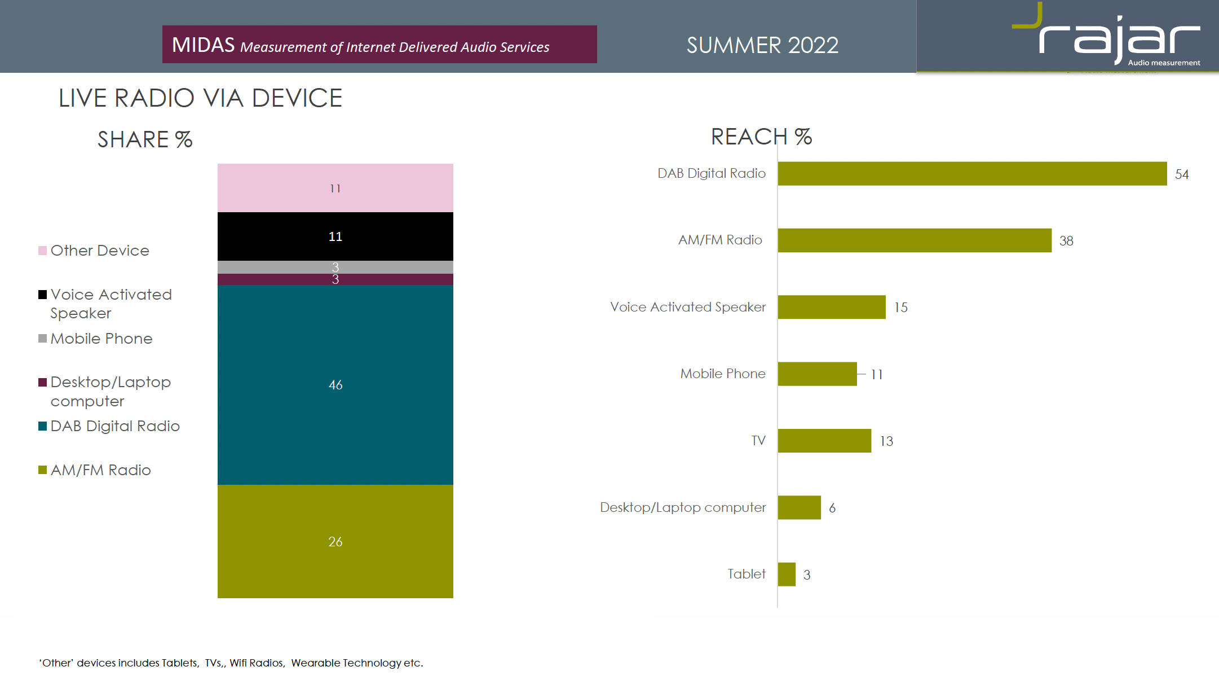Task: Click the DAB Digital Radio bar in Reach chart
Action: [971, 174]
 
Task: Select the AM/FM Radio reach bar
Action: [914, 240]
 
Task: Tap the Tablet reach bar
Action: [787, 575]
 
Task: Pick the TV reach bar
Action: [824, 441]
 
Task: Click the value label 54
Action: [1182, 175]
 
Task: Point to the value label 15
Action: [901, 308]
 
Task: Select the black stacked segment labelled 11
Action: [335, 236]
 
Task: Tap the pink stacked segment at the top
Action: [335, 188]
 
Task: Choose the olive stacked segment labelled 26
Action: [335, 542]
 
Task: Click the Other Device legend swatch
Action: [42, 251]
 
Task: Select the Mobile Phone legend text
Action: [101, 339]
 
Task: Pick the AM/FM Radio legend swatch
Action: [42, 470]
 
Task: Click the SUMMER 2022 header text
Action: [762, 45]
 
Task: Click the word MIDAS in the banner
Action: [203, 45]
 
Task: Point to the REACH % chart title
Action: [761, 137]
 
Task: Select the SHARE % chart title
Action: [145, 139]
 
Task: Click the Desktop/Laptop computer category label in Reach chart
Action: [683, 507]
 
